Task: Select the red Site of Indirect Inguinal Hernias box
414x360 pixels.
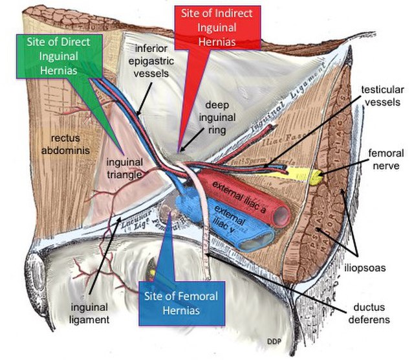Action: pyautogui.click(x=221, y=30)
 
